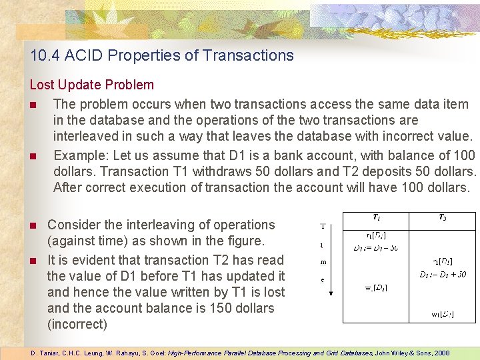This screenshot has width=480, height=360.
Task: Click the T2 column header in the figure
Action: (x=443, y=217)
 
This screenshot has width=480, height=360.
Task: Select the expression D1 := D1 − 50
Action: (x=376, y=248)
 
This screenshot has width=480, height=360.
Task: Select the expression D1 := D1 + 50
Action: (x=443, y=274)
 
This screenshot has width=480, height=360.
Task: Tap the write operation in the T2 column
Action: (x=443, y=313)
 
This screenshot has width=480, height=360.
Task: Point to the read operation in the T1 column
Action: (x=376, y=235)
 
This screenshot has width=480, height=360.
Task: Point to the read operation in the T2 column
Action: (x=443, y=261)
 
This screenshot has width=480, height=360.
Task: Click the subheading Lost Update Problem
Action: (x=91, y=85)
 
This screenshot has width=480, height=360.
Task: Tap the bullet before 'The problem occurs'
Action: (x=33, y=105)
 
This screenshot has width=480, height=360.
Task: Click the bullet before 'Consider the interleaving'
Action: (x=33, y=225)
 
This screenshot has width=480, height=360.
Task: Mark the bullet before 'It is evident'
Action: (x=33, y=261)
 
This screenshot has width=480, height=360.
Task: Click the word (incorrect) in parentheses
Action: (x=77, y=324)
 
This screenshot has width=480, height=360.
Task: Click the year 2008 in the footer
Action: (x=440, y=353)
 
